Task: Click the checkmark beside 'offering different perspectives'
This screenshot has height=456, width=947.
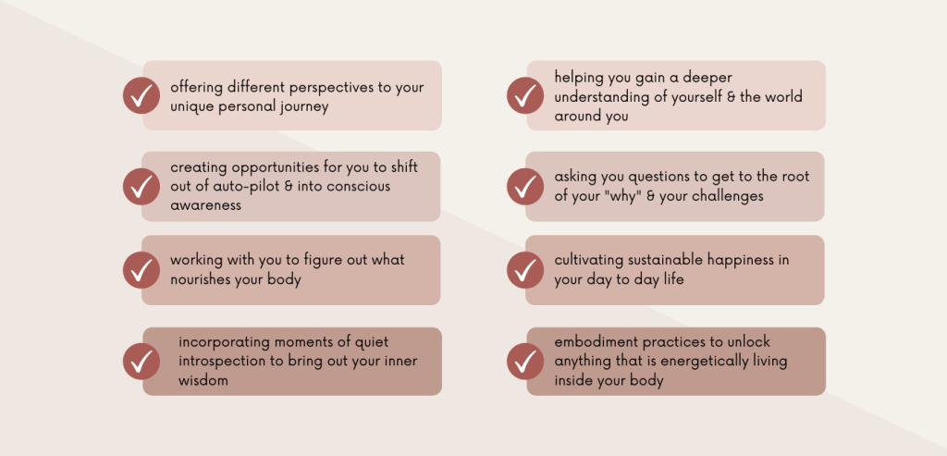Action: (x=141, y=95)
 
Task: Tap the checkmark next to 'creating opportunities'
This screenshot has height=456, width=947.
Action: (x=141, y=187)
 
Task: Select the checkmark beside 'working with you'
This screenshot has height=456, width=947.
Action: (x=141, y=270)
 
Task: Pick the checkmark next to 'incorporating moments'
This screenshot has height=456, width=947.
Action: (x=141, y=361)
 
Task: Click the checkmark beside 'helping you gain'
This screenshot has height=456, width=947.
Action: (x=525, y=95)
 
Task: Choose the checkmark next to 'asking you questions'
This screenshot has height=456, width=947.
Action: (x=525, y=187)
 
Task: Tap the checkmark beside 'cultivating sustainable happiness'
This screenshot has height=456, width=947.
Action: (x=525, y=270)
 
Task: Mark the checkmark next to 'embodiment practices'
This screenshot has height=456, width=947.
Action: (x=525, y=361)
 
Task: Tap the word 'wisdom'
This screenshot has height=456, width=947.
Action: (x=203, y=380)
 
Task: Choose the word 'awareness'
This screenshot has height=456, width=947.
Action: (x=206, y=205)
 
